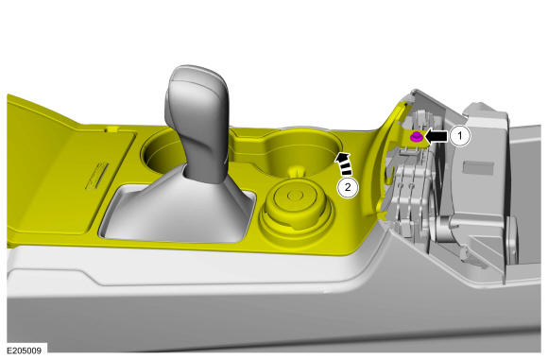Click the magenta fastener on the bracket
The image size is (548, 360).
tap(416, 137)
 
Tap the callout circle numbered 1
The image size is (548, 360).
tap(460, 136)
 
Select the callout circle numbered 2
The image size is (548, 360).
tap(348, 187)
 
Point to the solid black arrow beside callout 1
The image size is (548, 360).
tap(436, 136)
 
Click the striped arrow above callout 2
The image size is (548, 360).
tap(344, 163)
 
